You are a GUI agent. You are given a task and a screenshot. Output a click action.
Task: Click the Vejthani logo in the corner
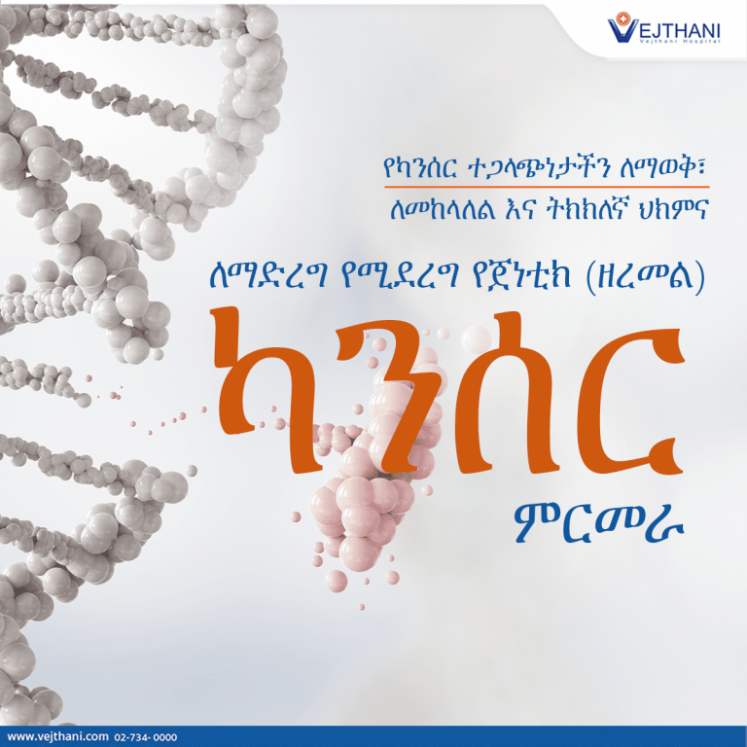(663, 27)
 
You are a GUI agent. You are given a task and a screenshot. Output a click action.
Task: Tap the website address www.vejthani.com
(57, 736)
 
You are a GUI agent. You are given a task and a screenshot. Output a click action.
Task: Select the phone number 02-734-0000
(145, 737)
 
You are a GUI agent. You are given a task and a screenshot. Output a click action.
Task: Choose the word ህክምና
(678, 209)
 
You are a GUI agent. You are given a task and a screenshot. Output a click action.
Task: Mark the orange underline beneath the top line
(547, 187)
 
